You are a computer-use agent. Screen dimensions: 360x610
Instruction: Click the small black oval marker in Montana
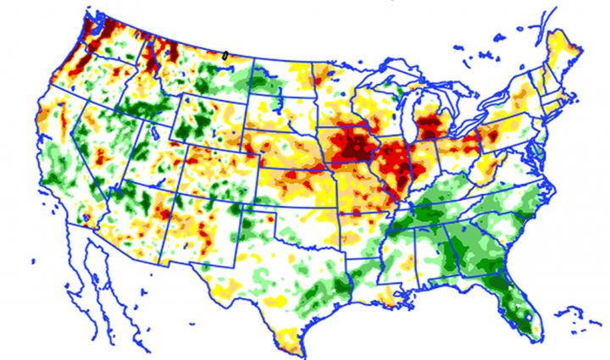pos(225,53)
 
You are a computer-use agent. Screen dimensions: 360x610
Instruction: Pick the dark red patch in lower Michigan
pos(432,127)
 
